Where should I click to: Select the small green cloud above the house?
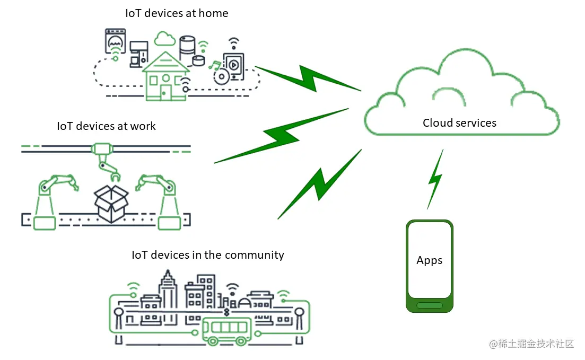[x=165, y=38]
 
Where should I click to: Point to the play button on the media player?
[x=233, y=65]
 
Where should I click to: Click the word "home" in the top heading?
[x=214, y=13]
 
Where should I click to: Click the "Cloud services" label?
[x=459, y=123]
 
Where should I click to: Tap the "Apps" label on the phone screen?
[x=429, y=260]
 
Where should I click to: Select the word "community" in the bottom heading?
[x=254, y=255]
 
